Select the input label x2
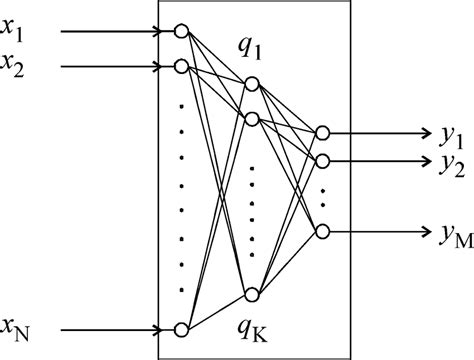16,68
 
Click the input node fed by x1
181,31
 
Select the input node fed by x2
181,67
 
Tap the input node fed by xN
181,329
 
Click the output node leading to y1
321,131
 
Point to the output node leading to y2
321,159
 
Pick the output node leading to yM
321,231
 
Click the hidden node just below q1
251,84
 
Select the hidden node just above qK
251,293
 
